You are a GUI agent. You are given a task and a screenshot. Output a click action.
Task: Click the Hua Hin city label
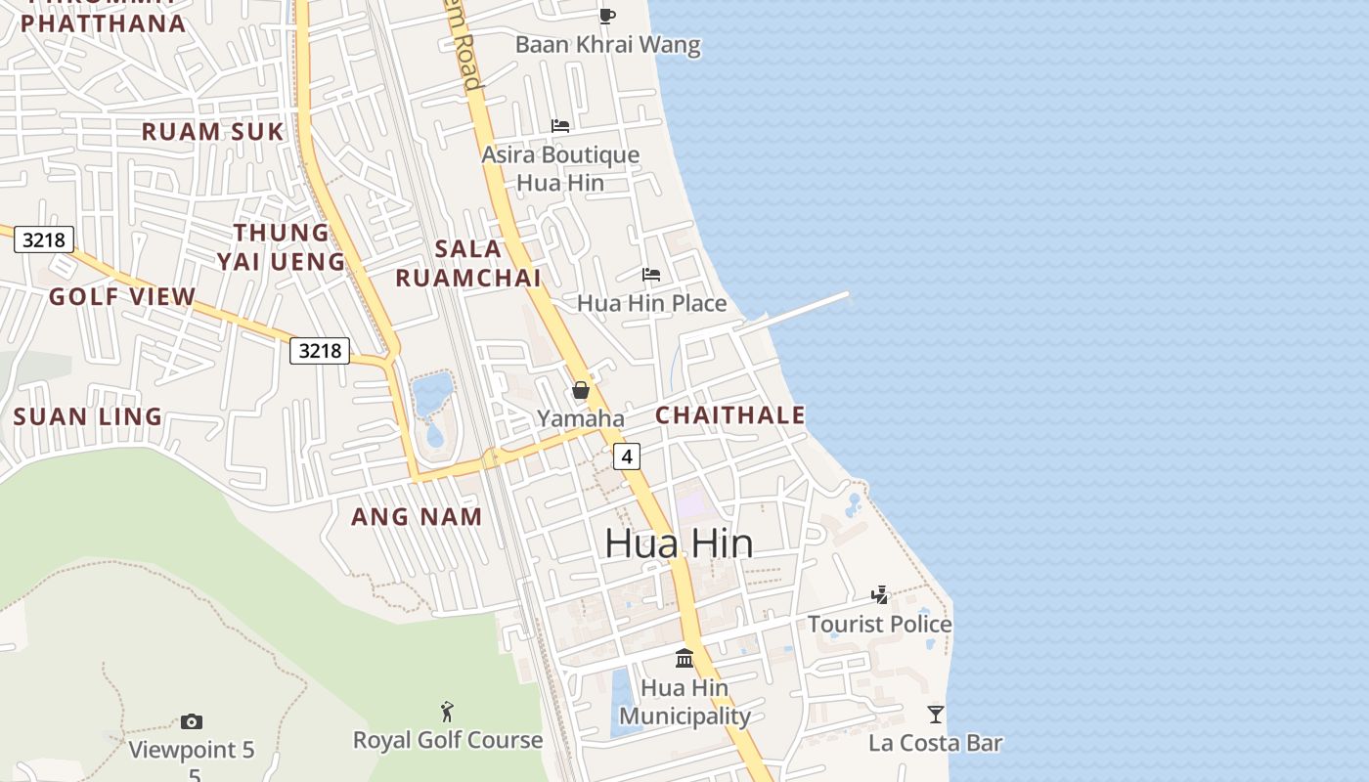[x=679, y=543]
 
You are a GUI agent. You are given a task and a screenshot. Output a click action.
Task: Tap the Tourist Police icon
[x=880, y=594]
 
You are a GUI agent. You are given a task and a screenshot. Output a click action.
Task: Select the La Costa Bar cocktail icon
[x=936, y=715]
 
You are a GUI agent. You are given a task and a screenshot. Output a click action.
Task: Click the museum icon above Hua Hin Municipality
[x=684, y=658]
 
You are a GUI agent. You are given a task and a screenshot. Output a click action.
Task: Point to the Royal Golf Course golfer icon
[x=447, y=711]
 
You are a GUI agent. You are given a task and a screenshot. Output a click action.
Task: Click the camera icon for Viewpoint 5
[x=192, y=721]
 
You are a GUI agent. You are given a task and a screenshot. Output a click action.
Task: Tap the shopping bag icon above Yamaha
[x=581, y=390]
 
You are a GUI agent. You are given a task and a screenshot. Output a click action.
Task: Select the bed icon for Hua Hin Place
[x=651, y=275]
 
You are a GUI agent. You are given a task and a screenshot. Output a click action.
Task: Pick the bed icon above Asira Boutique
[x=560, y=125]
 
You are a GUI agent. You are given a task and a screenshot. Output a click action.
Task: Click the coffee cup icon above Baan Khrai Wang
[x=607, y=15]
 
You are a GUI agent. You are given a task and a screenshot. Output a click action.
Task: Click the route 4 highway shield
[x=627, y=456]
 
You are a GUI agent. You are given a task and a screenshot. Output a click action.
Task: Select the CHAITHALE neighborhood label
[x=729, y=414]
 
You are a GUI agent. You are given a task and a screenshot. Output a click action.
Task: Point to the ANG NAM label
[x=417, y=516]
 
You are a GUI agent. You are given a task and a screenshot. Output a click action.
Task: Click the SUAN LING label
[x=88, y=416]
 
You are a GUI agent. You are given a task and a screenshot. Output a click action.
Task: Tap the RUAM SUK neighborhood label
[x=213, y=131]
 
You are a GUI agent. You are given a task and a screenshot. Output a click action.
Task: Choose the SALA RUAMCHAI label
[x=468, y=263]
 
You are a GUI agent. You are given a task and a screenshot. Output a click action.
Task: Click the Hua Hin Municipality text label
[x=684, y=702]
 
